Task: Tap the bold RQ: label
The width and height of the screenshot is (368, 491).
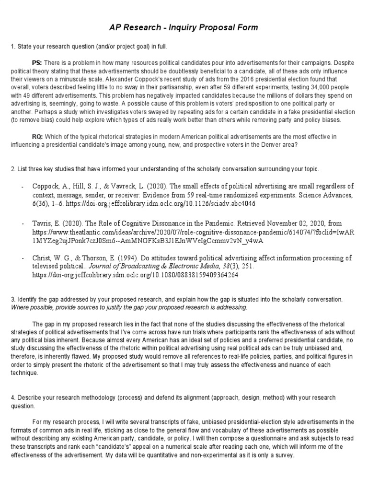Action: tap(37, 137)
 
